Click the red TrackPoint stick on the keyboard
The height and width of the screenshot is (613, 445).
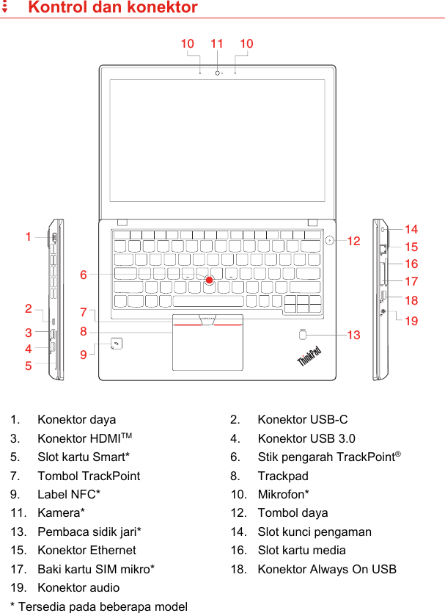(210, 280)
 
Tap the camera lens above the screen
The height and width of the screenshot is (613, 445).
(218, 72)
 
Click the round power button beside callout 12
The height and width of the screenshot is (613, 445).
(331, 239)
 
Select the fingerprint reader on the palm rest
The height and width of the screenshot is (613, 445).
(304, 335)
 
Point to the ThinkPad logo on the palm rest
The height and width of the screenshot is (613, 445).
(309, 358)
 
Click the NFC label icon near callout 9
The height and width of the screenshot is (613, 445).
(116, 344)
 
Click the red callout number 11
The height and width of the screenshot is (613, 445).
(217, 44)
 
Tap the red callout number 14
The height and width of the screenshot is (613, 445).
(411, 230)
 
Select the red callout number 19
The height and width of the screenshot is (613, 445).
(411, 321)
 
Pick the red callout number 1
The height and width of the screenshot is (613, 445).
(29, 237)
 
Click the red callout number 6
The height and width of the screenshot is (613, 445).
(84, 275)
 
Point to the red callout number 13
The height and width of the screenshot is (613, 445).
(354, 335)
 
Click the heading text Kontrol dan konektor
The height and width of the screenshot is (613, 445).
(112, 8)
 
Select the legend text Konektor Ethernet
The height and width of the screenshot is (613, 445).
(87, 550)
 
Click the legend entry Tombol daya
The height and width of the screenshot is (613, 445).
(293, 512)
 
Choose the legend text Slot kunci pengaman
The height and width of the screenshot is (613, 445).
(315, 532)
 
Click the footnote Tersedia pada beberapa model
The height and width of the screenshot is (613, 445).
(103, 606)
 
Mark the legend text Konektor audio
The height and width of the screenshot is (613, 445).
(78, 587)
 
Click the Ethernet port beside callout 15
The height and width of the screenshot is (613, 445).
(383, 248)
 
